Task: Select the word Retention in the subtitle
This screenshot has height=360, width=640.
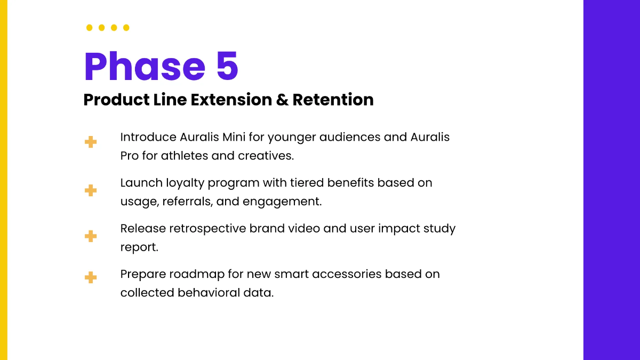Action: point(333,100)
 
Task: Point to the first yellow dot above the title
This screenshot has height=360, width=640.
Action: point(89,28)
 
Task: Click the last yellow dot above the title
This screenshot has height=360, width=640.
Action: point(126,28)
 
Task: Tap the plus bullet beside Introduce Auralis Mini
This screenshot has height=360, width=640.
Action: point(91,142)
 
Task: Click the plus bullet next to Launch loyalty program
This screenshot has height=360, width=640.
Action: point(91,190)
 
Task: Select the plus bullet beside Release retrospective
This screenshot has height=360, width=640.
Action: point(91,236)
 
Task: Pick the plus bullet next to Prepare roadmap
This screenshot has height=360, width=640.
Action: point(91,277)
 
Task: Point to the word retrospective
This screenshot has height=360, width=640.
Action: point(207,229)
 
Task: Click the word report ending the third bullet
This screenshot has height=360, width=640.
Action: point(139,248)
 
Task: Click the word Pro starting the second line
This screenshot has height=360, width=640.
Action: point(130,156)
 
